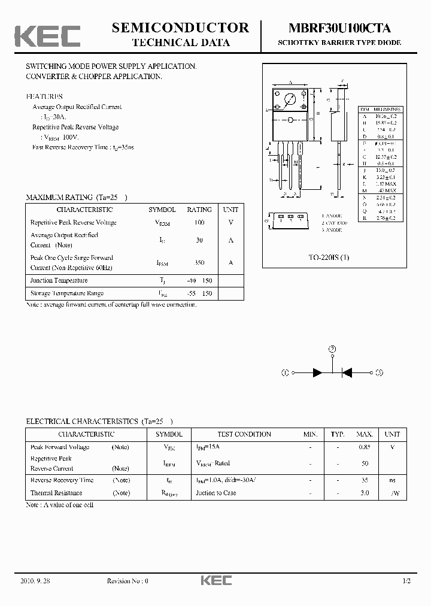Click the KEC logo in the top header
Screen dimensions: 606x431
click(x=47, y=36)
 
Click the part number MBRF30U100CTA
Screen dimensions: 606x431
click(x=339, y=28)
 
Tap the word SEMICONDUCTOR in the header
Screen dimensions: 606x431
click(x=180, y=28)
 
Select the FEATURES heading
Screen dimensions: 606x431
click(x=44, y=96)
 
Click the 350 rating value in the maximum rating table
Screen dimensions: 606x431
click(x=199, y=263)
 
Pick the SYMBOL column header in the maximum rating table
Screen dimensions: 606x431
click(x=162, y=210)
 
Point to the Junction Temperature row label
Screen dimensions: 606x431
click(x=59, y=280)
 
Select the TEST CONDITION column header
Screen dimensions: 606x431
click(x=244, y=434)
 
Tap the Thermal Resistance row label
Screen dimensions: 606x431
click(x=57, y=493)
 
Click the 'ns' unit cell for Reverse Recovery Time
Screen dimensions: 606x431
click(x=392, y=480)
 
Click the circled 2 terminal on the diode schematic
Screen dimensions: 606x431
click(x=332, y=349)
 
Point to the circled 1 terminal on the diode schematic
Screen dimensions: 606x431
click(x=285, y=372)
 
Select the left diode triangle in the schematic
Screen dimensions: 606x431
click(x=318, y=372)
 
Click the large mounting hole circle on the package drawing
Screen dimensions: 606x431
click(x=290, y=99)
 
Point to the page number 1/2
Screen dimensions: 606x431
click(x=407, y=581)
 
